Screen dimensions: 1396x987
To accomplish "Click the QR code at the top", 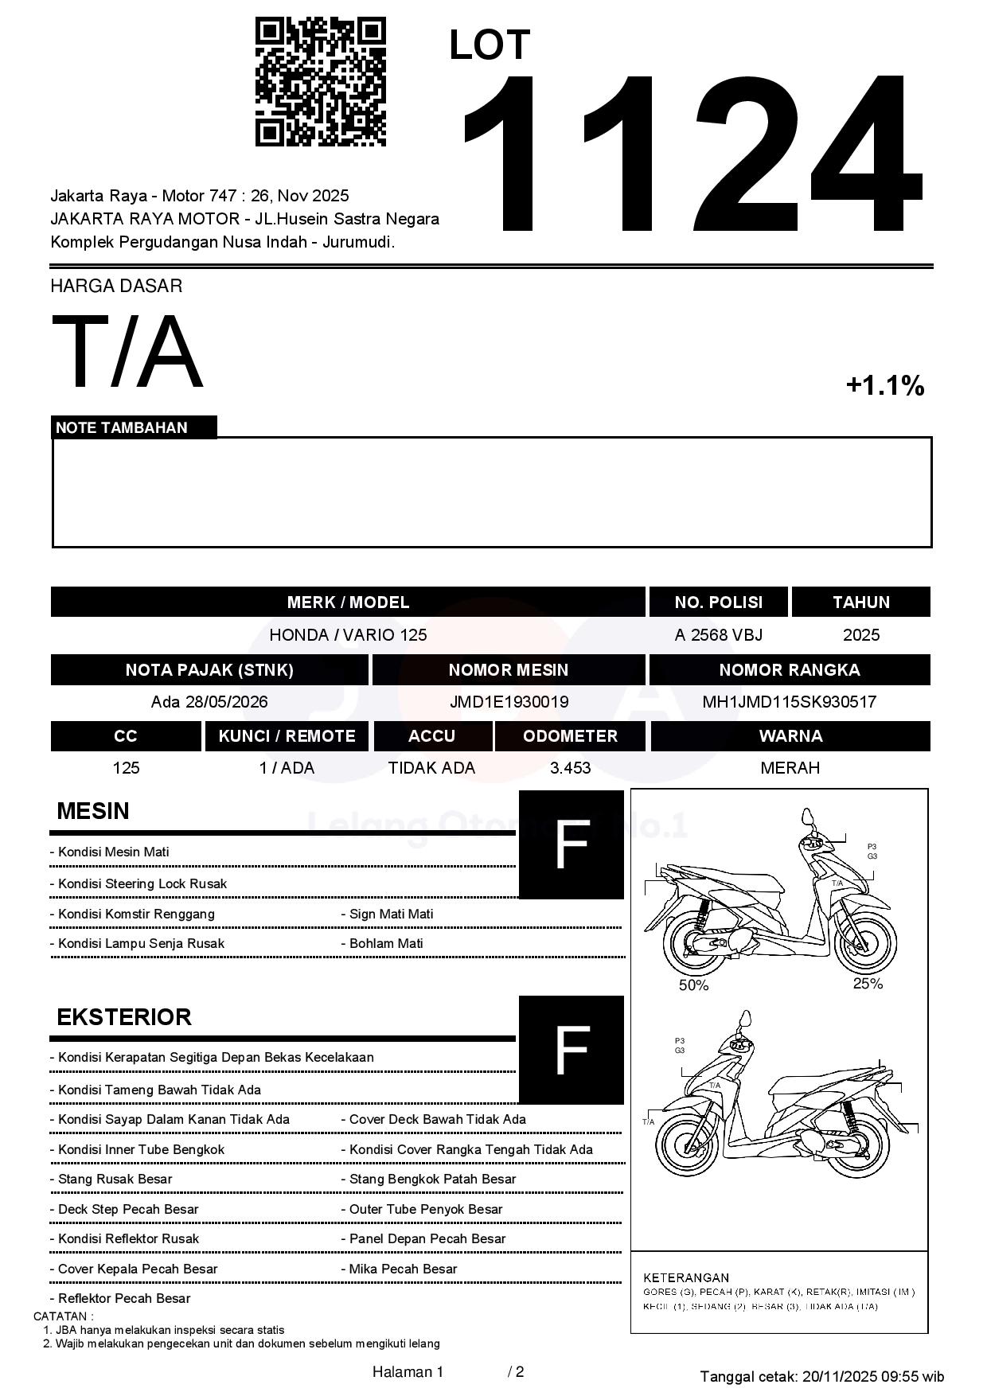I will (x=320, y=82).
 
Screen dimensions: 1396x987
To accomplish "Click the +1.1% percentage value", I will (x=884, y=386).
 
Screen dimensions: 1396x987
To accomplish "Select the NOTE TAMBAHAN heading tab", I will (x=122, y=427).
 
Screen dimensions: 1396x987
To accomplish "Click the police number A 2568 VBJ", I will (x=718, y=635).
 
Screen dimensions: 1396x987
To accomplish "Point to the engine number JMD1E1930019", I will (x=509, y=702).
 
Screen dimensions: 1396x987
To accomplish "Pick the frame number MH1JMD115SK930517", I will (x=789, y=702).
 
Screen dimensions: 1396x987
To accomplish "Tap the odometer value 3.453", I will (x=570, y=768).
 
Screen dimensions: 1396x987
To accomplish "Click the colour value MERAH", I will (x=790, y=768).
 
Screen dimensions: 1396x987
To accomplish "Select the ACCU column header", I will (x=431, y=736).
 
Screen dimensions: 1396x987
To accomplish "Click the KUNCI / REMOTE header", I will (x=287, y=736).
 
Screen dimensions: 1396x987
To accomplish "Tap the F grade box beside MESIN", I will (x=571, y=844).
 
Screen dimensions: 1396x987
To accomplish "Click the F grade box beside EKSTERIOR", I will (x=571, y=1049).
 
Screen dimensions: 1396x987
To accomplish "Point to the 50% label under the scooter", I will (x=693, y=985).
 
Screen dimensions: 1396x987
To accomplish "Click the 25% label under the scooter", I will (x=868, y=984).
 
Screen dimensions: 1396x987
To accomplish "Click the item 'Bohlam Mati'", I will (x=386, y=944).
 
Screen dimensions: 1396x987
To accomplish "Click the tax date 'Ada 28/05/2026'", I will (x=209, y=702).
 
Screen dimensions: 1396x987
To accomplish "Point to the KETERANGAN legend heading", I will (x=686, y=1277).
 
